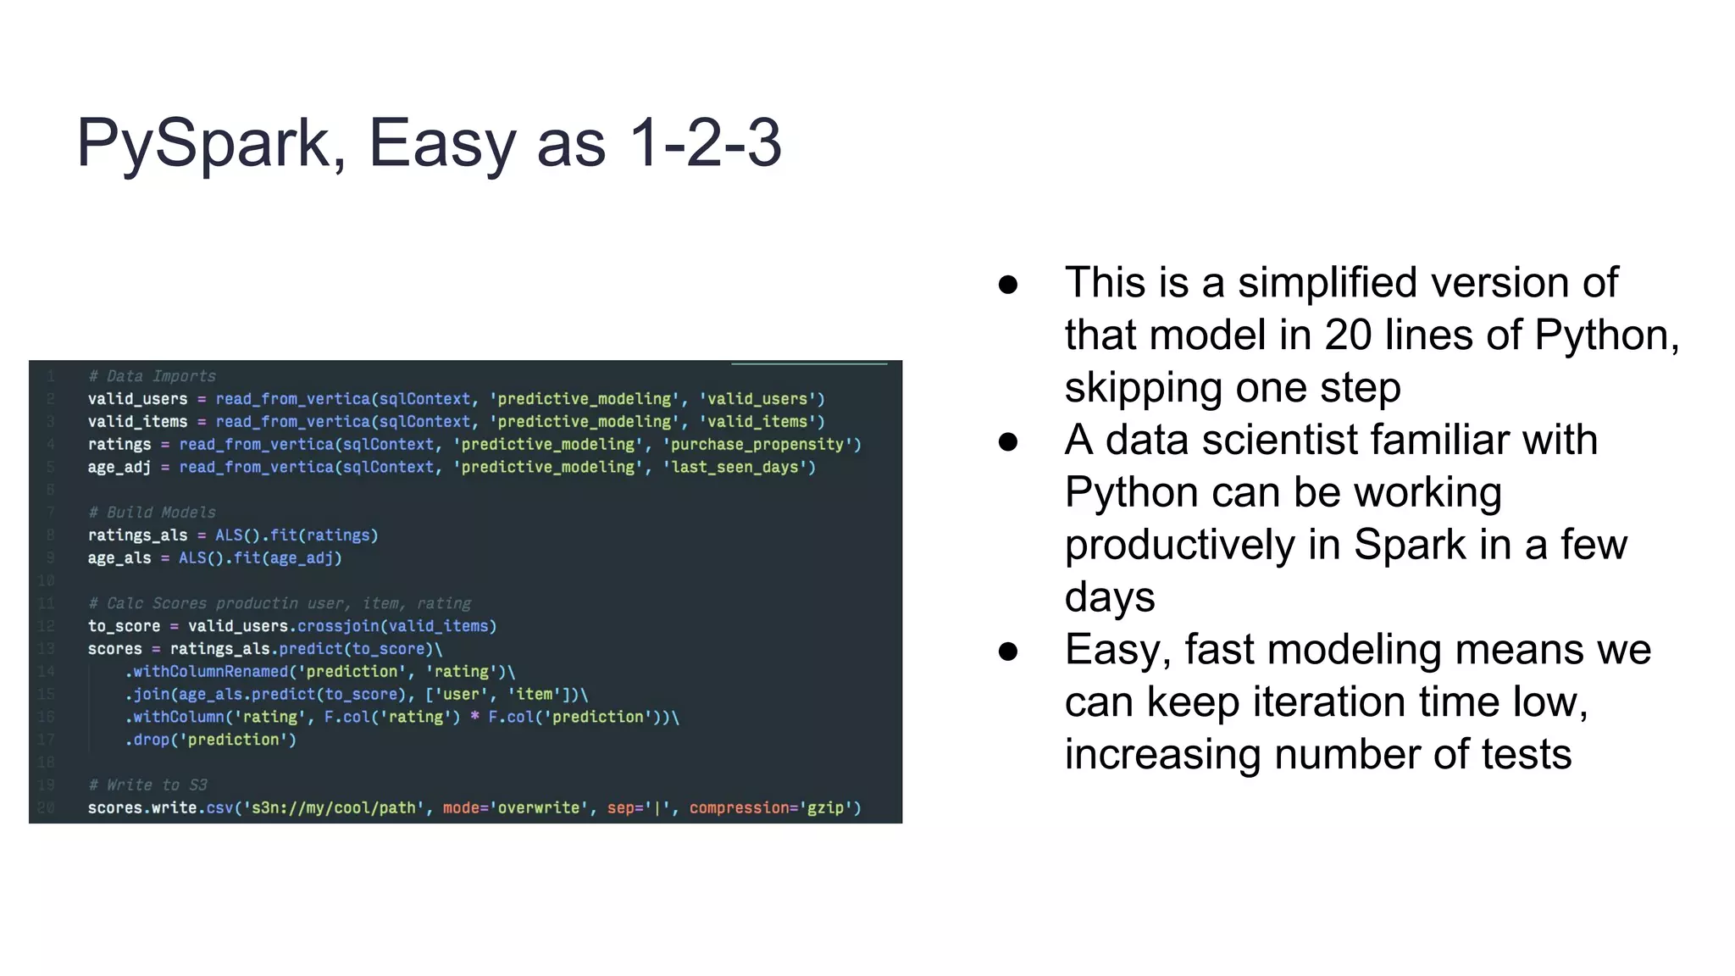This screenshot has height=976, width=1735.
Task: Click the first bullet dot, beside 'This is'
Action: [x=1007, y=285]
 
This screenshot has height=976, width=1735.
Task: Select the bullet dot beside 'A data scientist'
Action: [x=1007, y=441]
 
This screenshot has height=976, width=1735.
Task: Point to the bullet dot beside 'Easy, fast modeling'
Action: [x=1007, y=652]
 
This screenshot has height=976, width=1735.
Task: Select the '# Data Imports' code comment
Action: [x=152, y=376]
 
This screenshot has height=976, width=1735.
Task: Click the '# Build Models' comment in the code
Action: [x=152, y=513]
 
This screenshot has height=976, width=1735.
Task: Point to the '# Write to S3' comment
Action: [x=148, y=785]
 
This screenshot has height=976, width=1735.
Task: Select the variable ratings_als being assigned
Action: [x=137, y=535]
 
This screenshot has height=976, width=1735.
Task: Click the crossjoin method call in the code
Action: [x=338, y=626]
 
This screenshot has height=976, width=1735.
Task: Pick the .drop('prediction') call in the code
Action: [x=211, y=740]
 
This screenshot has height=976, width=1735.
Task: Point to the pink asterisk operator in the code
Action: [x=474, y=718]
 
